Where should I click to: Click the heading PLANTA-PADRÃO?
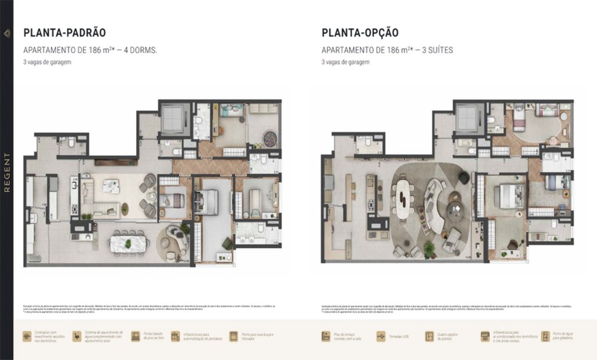point(64,33)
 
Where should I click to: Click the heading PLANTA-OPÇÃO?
point(360,33)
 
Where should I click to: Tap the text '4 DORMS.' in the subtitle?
point(143,50)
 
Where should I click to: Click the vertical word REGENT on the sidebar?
point(7,172)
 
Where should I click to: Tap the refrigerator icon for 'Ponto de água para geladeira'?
point(545,336)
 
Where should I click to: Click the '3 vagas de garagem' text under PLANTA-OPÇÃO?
point(345,62)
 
